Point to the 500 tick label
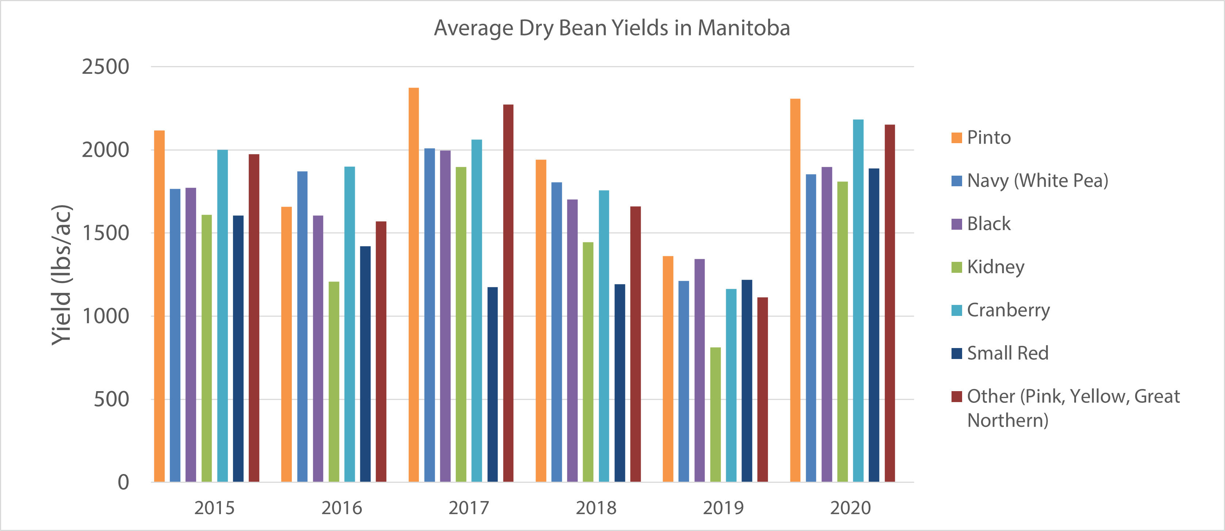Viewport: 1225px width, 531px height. (111, 399)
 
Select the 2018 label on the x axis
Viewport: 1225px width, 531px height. (596, 508)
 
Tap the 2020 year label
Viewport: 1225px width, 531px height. (850, 508)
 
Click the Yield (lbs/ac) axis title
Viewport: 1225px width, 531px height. (62, 275)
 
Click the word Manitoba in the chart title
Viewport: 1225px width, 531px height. (744, 28)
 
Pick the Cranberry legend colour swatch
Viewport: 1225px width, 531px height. (956, 310)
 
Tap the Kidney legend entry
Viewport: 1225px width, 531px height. (995, 267)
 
